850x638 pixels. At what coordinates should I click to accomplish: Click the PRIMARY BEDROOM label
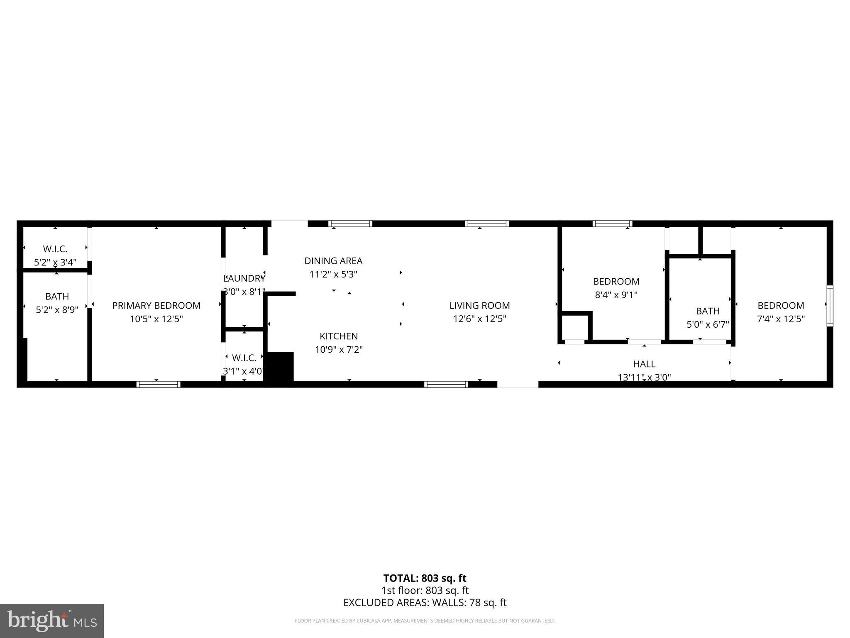pyautogui.click(x=156, y=306)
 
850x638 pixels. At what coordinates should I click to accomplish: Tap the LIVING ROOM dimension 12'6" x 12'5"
pyautogui.click(x=479, y=319)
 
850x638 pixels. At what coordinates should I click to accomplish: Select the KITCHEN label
pyautogui.click(x=339, y=336)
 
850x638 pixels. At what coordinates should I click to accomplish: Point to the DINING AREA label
pyautogui.click(x=333, y=261)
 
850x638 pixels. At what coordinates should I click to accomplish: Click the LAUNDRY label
pyautogui.click(x=244, y=278)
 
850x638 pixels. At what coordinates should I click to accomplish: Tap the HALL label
pyautogui.click(x=644, y=364)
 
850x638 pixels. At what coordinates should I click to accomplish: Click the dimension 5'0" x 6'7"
pyautogui.click(x=708, y=324)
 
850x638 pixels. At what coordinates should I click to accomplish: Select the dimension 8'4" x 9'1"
pyautogui.click(x=616, y=295)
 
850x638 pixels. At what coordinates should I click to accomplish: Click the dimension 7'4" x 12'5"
pyautogui.click(x=781, y=319)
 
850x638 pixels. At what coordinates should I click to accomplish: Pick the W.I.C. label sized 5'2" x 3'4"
pyautogui.click(x=55, y=249)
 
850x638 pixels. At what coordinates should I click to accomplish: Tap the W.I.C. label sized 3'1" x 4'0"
pyautogui.click(x=244, y=358)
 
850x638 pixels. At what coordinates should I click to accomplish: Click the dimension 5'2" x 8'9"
pyautogui.click(x=57, y=310)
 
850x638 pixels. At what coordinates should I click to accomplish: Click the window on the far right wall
pyautogui.click(x=829, y=306)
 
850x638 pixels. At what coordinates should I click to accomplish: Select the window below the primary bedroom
pyautogui.click(x=158, y=384)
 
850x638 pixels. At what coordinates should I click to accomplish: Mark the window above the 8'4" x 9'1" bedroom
pyautogui.click(x=612, y=224)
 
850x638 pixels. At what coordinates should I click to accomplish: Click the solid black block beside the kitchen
pyautogui.click(x=279, y=368)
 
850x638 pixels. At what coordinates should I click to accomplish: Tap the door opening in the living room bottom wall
pyautogui.click(x=518, y=384)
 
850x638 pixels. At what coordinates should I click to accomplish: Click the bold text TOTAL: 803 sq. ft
pyautogui.click(x=425, y=578)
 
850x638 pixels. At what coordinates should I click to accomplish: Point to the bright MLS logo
pyautogui.click(x=52, y=621)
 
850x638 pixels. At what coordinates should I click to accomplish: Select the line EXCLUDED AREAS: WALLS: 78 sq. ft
pyautogui.click(x=425, y=603)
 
